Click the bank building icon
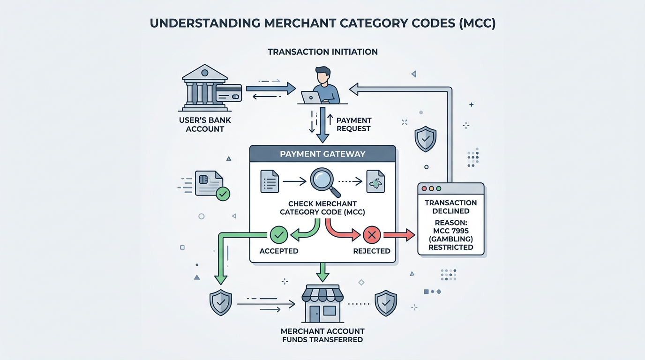[204, 87]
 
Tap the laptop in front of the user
[311, 97]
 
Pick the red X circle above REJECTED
[372, 235]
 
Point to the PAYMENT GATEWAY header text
[322, 154]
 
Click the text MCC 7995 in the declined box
[450, 231]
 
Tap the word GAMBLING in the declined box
[450, 239]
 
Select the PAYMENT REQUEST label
[353, 124]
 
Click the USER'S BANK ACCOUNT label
[205, 124]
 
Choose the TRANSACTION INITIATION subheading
[322, 52]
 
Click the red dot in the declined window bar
[425, 188]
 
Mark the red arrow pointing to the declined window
[399, 234]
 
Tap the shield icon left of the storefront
[220, 302]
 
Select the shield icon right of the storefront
[386, 302]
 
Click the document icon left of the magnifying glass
[270, 181]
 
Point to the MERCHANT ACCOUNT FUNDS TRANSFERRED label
[323, 335]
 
